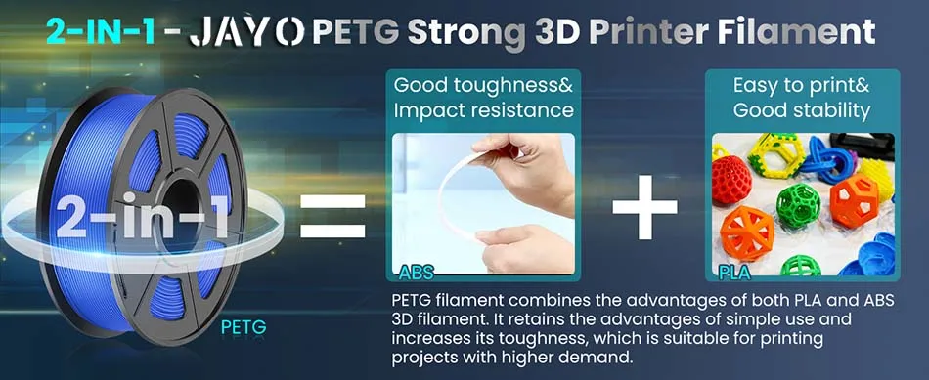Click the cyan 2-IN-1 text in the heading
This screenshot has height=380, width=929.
[102, 32]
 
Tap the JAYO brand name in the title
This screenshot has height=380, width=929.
[246, 32]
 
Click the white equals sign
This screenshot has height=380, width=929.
[332, 217]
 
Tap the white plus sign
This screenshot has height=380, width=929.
[644, 206]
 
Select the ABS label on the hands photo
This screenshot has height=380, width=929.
[416, 273]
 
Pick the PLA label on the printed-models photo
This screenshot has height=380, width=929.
[734, 273]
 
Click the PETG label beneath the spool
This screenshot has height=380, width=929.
[243, 326]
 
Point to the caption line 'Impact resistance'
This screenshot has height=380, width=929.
[483, 110]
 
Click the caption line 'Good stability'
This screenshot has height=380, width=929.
[802, 110]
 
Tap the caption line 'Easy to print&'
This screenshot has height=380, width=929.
[802, 86]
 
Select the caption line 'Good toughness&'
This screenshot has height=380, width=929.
[483, 85]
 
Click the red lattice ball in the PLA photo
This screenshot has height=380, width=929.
[731, 181]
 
